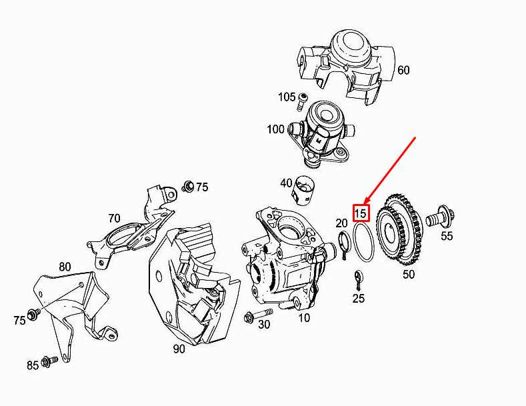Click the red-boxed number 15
(x=361, y=213)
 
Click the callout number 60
(x=403, y=70)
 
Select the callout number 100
(x=275, y=129)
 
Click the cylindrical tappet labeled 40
(x=304, y=190)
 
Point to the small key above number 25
(x=358, y=277)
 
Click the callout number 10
(x=303, y=318)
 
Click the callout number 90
(x=179, y=349)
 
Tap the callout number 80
(x=64, y=267)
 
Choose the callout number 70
(x=114, y=217)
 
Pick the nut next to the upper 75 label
(x=188, y=185)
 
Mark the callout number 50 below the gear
(x=408, y=274)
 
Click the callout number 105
(x=287, y=97)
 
